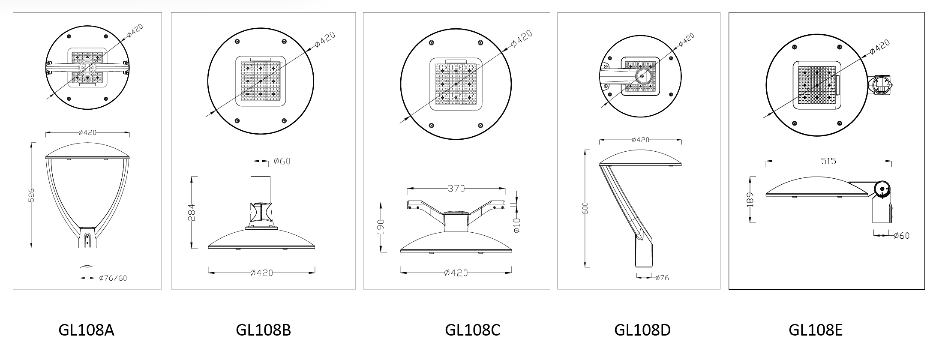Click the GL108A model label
86,330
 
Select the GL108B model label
263,330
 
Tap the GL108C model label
472,330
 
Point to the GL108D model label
642,330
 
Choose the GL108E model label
816,330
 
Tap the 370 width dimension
456,188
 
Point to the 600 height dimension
586,208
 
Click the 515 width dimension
828,161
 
